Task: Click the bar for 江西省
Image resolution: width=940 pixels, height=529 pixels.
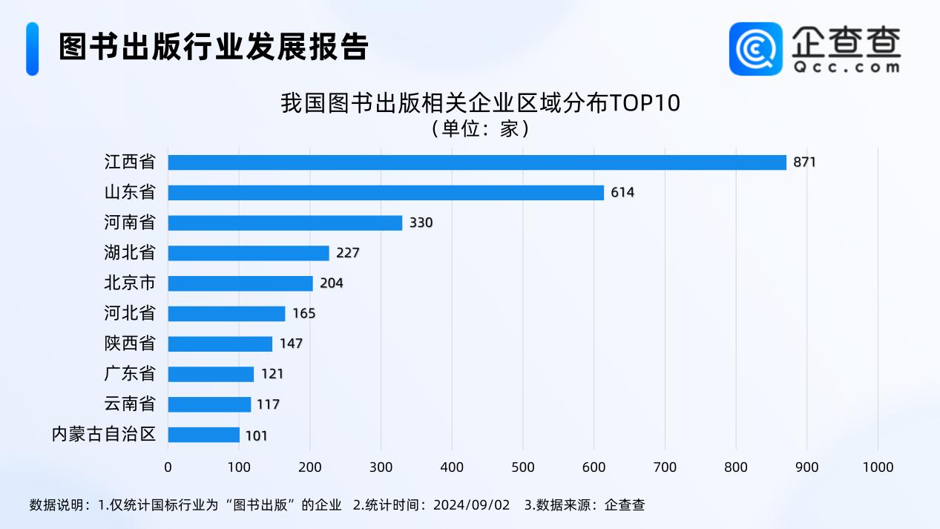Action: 476,162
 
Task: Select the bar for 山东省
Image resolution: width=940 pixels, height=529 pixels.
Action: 386,193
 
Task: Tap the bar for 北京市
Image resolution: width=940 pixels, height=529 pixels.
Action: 240,283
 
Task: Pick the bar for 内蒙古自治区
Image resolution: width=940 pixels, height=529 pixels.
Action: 203,435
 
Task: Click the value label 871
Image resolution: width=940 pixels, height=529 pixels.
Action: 804,162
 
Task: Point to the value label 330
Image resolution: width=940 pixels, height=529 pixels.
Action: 421,223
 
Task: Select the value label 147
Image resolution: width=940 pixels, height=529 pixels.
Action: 291,344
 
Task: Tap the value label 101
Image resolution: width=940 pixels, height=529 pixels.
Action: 256,436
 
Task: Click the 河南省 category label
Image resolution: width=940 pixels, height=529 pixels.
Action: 130,223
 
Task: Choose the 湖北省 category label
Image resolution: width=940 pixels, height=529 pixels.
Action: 130,253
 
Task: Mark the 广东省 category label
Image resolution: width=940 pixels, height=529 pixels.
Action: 130,374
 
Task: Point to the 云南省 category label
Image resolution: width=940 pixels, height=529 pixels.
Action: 130,404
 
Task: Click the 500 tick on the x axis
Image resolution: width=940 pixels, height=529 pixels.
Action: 522,467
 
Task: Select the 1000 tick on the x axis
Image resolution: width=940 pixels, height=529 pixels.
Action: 877,467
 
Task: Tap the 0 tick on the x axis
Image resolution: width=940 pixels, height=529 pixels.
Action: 168,467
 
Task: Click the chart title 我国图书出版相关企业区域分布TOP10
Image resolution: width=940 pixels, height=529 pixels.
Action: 480,103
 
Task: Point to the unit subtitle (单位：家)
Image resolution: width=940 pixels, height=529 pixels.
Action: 480,129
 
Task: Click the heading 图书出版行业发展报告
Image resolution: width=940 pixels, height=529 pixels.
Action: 214,47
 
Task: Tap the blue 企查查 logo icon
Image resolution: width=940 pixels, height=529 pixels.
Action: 755,48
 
